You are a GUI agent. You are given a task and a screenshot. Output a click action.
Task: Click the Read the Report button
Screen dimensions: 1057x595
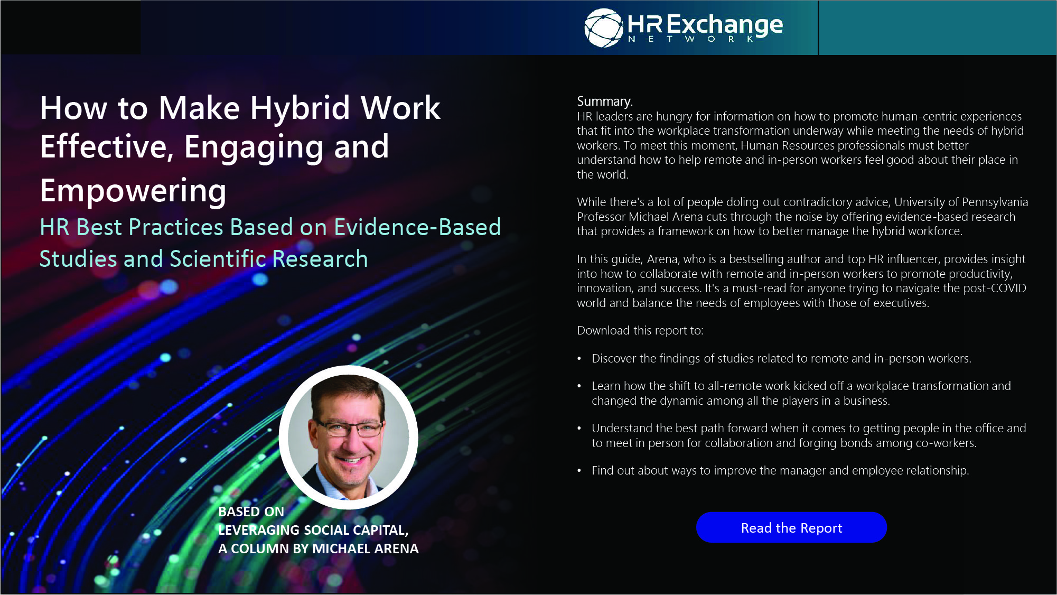[x=791, y=527]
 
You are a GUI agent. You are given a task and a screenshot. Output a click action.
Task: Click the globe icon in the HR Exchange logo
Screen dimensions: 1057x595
[x=604, y=27]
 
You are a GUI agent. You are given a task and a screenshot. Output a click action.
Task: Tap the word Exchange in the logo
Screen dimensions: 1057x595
[x=725, y=25]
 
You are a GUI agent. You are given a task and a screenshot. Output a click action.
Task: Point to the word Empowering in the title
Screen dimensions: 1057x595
[x=133, y=190]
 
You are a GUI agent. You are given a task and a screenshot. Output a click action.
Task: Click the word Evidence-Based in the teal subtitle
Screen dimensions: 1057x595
[x=417, y=227]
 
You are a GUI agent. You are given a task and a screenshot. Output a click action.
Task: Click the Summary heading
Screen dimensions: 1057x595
[x=604, y=101]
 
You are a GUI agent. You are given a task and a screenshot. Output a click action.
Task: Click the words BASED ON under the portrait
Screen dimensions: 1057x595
[x=251, y=512]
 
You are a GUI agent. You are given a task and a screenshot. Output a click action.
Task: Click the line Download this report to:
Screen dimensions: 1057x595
[x=640, y=330]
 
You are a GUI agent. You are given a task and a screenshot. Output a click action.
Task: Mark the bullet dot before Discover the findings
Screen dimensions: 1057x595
[x=579, y=359]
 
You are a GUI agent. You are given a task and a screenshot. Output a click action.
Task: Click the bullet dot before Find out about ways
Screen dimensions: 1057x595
[x=579, y=471]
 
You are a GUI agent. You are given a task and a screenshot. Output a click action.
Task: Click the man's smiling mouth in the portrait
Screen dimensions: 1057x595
[x=349, y=460]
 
